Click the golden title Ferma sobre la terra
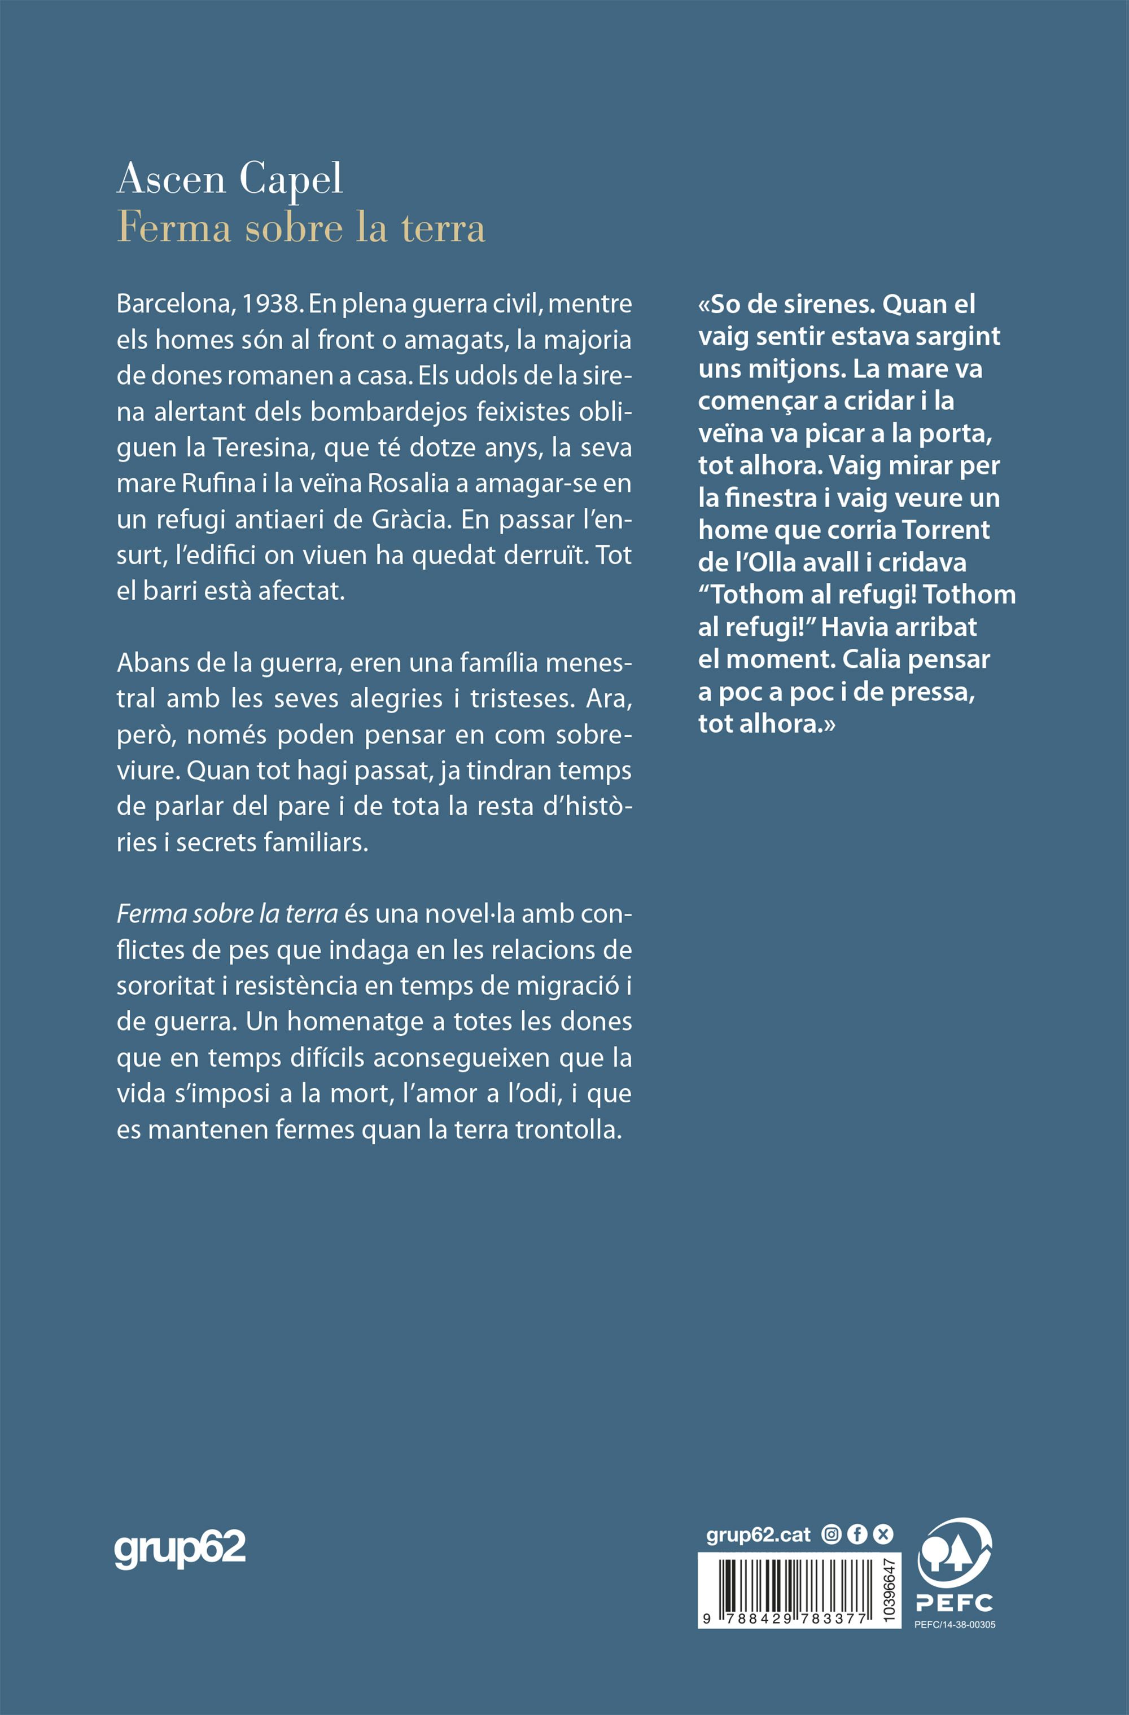[301, 228]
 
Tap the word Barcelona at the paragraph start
[173, 304]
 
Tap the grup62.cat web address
[759, 1535]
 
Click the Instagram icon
[832, 1535]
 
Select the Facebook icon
[857, 1535]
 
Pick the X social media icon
[883, 1535]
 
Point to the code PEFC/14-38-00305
[955, 1625]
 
